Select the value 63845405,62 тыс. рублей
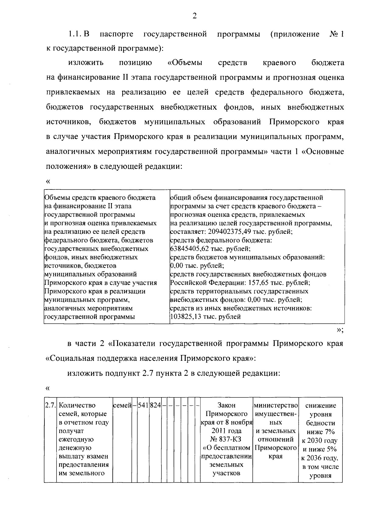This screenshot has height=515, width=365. pos(210,249)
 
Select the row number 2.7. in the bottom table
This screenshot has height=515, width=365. pos(50,405)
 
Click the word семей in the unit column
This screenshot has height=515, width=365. pos(122,405)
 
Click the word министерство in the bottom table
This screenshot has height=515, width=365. pos(275,405)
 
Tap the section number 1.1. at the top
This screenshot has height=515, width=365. pos(75,34)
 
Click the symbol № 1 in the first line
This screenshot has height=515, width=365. pos(336,34)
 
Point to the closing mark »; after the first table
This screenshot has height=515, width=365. pos(340,330)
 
